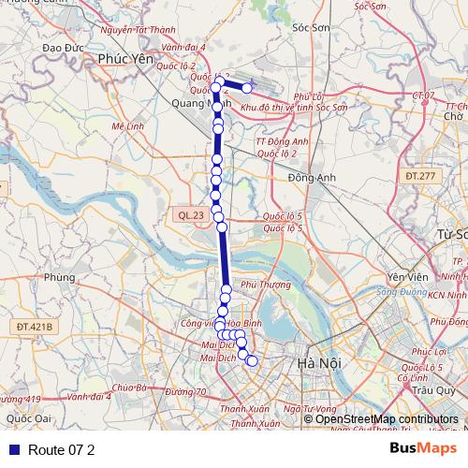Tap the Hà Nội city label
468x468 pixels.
[311, 362]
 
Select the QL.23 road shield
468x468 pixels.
[191, 215]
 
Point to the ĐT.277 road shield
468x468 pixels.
[421, 175]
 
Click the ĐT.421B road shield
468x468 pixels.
[36, 327]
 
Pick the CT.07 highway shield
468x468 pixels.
[423, 95]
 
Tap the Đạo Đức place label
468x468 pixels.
[64, 46]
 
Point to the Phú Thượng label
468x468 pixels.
[260, 284]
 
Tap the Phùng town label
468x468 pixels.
[57, 277]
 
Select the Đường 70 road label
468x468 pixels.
[185, 391]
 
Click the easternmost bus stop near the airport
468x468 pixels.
[247, 88]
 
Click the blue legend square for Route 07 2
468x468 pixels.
[14, 450]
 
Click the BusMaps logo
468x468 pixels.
[423, 449]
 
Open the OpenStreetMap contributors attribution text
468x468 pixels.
[387, 419]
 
